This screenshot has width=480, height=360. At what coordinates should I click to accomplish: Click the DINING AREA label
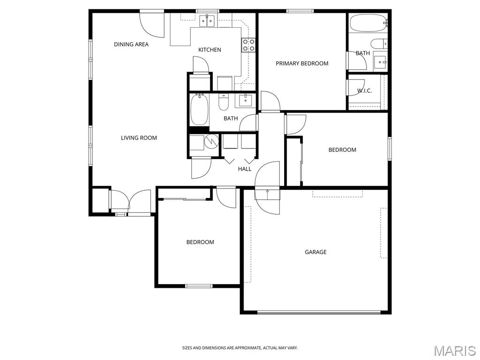[131, 45]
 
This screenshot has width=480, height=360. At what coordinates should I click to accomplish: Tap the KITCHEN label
[210, 50]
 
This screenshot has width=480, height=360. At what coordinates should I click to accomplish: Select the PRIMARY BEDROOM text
[302, 63]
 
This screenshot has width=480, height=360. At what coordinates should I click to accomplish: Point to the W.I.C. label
[364, 90]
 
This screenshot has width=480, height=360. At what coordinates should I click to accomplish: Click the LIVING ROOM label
[139, 138]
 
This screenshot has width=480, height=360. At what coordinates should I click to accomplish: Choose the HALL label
[245, 169]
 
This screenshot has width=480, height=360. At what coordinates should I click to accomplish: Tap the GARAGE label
[315, 252]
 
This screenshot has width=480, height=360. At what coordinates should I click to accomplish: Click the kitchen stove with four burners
[248, 45]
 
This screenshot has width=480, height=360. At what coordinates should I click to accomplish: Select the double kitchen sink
[206, 20]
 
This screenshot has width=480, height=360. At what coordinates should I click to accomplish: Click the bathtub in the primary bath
[368, 22]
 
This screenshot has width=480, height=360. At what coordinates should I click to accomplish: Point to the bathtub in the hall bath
[199, 110]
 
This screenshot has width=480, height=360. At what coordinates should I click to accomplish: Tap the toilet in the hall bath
[224, 102]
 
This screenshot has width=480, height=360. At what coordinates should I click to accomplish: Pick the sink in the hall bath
[245, 100]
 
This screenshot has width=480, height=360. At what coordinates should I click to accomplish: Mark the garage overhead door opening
[319, 312]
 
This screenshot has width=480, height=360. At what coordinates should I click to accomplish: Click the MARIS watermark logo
[454, 351]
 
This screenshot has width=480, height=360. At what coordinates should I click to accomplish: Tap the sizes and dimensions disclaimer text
[240, 348]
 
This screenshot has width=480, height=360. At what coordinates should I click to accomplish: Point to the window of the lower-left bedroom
[199, 285]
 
